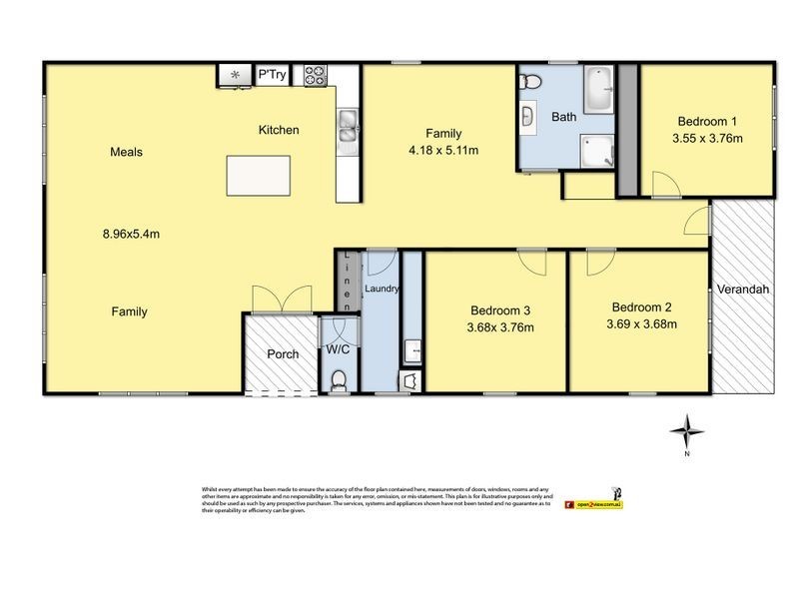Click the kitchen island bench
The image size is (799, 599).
click(264, 175)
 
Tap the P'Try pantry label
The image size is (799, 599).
click(270, 74)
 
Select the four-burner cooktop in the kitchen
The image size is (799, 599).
click(316, 74)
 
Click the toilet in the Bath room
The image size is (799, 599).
click(532, 81)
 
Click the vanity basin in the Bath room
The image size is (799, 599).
click(527, 117)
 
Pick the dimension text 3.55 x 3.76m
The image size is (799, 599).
click(707, 139)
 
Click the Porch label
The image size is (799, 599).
click(282, 353)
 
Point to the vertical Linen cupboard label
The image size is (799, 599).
click(347, 281)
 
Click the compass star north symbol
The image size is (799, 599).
click(686, 431)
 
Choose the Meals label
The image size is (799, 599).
click(126, 153)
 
